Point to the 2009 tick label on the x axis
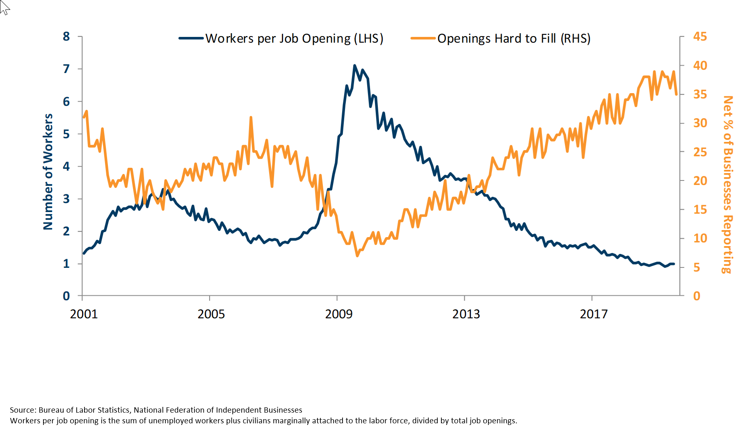338,314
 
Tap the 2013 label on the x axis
466,314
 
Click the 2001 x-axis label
84,314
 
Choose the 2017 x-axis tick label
593,314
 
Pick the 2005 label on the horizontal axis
211,314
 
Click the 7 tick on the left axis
66,69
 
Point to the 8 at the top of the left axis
66,37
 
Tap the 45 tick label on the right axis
700,37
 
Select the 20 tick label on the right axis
700,181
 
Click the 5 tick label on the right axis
697,267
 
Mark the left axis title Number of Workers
48,171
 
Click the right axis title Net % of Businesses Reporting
728,185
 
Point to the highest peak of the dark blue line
354,66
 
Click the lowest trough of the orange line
357,256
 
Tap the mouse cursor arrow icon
4,7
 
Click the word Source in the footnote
23,410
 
